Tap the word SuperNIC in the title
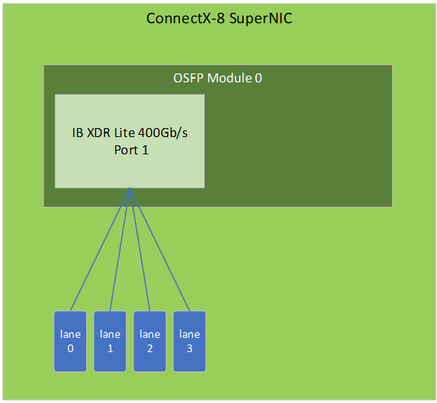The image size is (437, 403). (261, 19)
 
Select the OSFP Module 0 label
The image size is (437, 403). (217, 78)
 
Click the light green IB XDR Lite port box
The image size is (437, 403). (130, 142)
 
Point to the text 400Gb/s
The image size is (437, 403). (163, 133)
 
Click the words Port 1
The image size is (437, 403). (131, 150)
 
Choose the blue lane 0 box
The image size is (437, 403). (70, 341)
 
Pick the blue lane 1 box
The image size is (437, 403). (109, 341)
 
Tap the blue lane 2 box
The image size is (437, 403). (150, 341)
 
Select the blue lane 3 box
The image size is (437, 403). (190, 341)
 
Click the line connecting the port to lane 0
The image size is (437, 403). (100, 249)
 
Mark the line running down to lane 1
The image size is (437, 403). (120, 249)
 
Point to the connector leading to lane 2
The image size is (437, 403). (140, 249)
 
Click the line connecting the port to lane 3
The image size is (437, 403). (160, 249)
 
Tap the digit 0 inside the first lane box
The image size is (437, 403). (70, 348)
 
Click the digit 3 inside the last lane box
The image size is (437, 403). (190, 348)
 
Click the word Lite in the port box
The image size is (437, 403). (124, 133)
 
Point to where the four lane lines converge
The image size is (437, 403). (130, 188)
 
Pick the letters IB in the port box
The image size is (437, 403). (78, 133)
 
